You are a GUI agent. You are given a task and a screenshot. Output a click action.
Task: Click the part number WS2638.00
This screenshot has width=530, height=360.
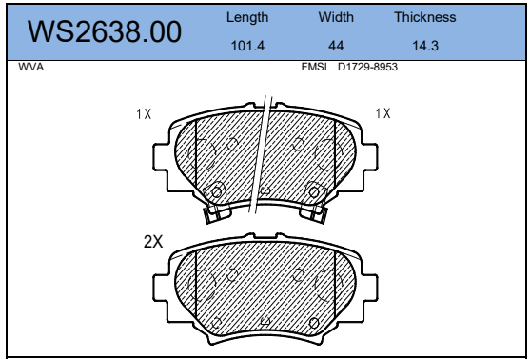pyautogui.click(x=105, y=31)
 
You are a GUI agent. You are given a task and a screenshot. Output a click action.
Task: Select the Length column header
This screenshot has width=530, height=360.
pyautogui.click(x=247, y=17)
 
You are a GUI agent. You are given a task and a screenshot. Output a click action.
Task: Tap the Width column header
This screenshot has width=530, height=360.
pyautogui.click(x=336, y=17)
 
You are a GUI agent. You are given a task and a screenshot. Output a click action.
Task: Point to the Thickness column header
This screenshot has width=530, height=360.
pyautogui.click(x=425, y=17)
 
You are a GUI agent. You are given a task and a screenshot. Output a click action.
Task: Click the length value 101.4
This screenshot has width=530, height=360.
pyautogui.click(x=247, y=46)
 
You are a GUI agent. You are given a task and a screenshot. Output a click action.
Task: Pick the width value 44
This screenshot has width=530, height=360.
pyautogui.click(x=336, y=46)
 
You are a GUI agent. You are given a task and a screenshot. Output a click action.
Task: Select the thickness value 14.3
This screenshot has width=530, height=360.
pyautogui.click(x=425, y=46)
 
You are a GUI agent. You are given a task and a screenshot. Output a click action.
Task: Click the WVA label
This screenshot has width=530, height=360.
pyautogui.click(x=31, y=67)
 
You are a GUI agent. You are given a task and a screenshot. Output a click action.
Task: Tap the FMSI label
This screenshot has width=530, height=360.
pyautogui.click(x=314, y=67)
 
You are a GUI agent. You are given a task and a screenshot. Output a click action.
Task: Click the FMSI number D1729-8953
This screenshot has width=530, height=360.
pyautogui.click(x=367, y=67)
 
